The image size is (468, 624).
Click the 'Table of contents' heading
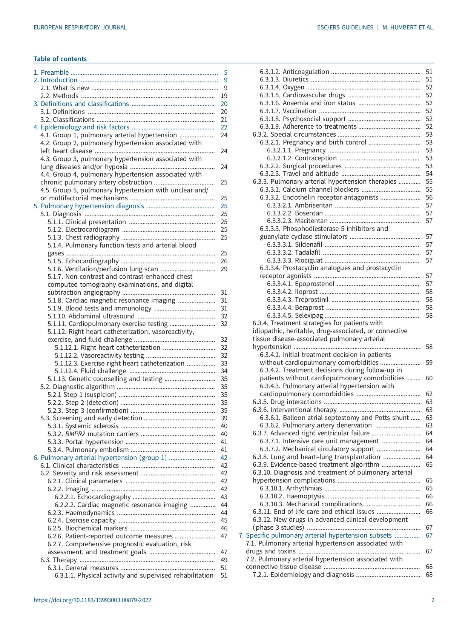(x=60, y=59)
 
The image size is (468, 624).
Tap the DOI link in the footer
(x=92, y=600)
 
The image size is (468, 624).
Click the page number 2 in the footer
(x=433, y=600)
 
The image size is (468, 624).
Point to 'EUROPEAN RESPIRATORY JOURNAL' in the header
(x=80, y=28)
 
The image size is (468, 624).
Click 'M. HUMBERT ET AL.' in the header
(x=408, y=28)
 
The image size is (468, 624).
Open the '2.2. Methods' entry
(x=60, y=96)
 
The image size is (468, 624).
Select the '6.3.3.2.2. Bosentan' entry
(x=295, y=213)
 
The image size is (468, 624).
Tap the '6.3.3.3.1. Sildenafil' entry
(x=295, y=244)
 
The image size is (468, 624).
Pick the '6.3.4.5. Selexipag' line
(x=295, y=315)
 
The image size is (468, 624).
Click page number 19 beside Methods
(x=224, y=96)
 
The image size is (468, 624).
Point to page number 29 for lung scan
(x=224, y=269)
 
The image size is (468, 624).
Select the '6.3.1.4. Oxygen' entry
(x=282, y=87)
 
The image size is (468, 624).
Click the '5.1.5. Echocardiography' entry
(x=83, y=261)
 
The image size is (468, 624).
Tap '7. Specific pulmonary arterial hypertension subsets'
(x=315, y=535)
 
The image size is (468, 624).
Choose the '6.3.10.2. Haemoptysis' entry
(x=292, y=496)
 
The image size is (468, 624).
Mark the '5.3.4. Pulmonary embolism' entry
(x=88, y=450)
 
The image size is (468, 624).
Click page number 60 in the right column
(x=429, y=378)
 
